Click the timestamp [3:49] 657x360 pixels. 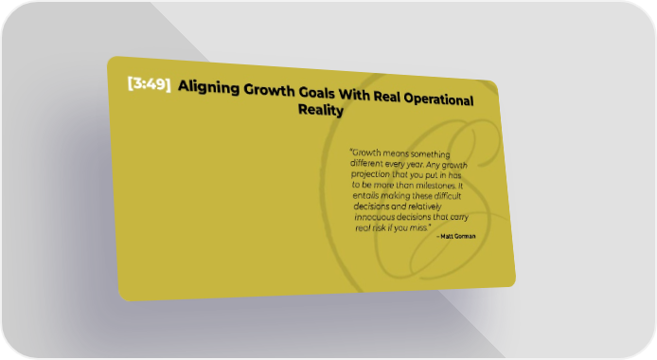150,83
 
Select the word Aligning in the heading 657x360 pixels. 208,87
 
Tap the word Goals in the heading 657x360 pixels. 316,93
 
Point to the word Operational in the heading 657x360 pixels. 438,99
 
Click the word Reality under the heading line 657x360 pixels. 321,110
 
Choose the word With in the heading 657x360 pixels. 354,95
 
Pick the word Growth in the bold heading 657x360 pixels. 269,90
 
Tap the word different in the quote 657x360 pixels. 366,163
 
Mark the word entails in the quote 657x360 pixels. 365,195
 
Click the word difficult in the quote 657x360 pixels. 448,196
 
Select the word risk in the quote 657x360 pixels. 379,228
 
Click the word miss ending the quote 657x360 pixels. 420,228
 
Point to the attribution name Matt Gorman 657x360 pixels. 457,236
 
